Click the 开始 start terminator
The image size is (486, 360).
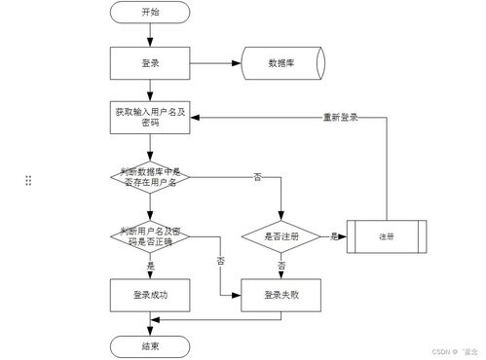point(150,14)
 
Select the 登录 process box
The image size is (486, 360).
point(150,63)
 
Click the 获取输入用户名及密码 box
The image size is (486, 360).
point(150,119)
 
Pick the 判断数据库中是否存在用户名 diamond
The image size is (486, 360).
point(150,177)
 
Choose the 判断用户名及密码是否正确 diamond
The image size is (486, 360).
point(150,235)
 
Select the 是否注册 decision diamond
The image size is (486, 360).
point(281,235)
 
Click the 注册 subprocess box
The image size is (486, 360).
point(388,235)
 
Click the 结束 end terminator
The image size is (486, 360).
point(150,345)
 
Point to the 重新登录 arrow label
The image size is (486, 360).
point(341,118)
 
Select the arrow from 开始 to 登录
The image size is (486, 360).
point(150,35)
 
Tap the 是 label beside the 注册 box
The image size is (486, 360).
point(334,235)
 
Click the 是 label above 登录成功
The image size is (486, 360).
point(150,265)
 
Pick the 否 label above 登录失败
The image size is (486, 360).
point(282,265)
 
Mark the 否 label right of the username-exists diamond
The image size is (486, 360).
point(257,177)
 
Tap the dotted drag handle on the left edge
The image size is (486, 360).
point(28,180)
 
